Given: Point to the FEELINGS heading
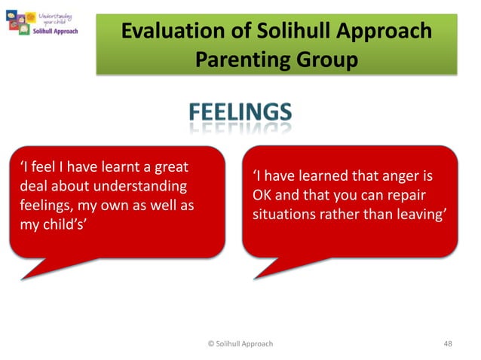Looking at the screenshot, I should tap(240, 114).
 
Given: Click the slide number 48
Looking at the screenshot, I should tap(448, 343).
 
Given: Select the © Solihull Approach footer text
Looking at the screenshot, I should tap(240, 343).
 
